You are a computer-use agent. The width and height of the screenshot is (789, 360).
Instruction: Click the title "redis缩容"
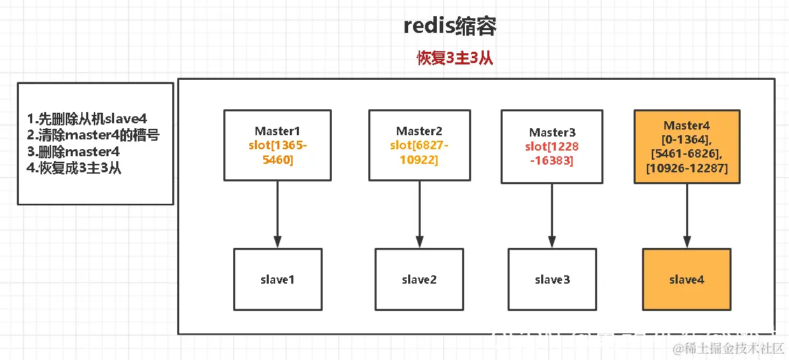tap(451, 26)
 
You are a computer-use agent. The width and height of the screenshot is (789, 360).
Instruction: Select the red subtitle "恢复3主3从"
tap(455, 59)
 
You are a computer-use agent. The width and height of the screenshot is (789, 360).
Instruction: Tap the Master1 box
tap(277, 145)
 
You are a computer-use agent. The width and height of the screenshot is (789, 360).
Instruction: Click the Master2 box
tap(419, 145)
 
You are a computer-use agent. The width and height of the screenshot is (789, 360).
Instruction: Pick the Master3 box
tap(552, 146)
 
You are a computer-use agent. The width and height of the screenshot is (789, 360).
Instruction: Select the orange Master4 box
tap(686, 146)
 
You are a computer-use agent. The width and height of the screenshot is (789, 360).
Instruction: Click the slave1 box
tap(277, 279)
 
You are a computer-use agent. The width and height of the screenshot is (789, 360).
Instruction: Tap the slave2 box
tap(419, 279)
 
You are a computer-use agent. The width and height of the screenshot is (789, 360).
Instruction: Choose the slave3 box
tap(552, 279)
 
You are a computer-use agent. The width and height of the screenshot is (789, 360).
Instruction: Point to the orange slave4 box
tap(686, 279)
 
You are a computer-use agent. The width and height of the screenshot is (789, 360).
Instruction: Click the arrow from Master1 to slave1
tap(277, 214)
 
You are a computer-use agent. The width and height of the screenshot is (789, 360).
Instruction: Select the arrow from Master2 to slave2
tap(419, 214)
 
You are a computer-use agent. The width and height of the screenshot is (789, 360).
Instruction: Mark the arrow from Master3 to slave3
tap(552, 214)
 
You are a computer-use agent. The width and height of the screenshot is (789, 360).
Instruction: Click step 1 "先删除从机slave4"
tap(88, 118)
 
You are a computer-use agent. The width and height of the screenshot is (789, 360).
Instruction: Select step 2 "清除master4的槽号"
tap(93, 134)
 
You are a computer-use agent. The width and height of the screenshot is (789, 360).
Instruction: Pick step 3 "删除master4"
tap(74, 151)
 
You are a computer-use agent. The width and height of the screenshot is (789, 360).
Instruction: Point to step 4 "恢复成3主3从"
tap(74, 168)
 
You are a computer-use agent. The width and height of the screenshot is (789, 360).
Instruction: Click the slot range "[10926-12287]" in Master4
tap(686, 168)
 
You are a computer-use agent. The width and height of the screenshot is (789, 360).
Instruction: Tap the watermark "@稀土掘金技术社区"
tap(728, 348)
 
